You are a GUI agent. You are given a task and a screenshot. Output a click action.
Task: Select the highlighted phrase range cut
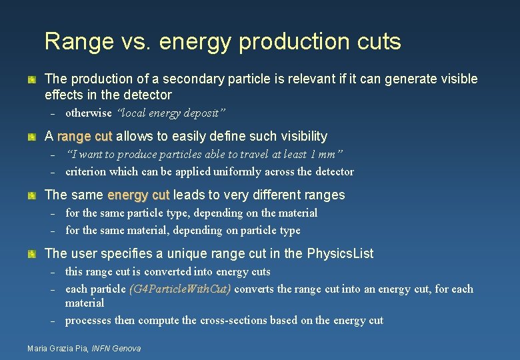click(85, 137)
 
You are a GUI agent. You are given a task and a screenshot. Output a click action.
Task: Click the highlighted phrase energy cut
click(139, 195)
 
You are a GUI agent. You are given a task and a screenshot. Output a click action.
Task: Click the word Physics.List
click(340, 254)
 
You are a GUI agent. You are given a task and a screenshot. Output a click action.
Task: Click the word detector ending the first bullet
click(147, 95)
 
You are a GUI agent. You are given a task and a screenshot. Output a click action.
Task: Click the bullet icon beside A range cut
click(31, 137)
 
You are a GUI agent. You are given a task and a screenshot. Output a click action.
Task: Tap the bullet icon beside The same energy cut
click(31, 196)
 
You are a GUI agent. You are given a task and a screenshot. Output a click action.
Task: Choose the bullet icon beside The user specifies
click(31, 255)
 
